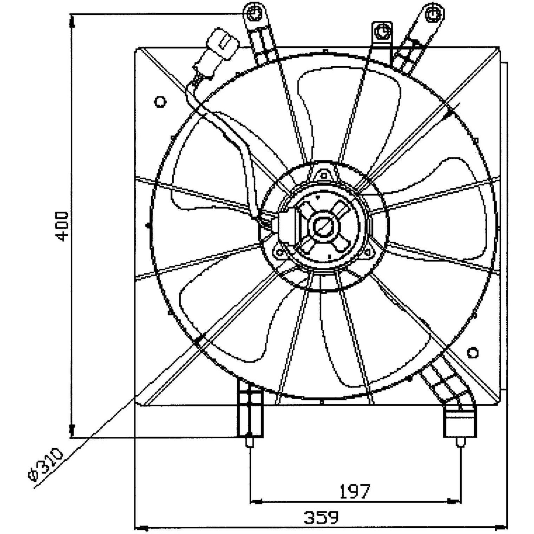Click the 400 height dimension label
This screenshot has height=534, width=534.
coord(62,226)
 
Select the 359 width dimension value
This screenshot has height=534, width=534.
coord(321,517)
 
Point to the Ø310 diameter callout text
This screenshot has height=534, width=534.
coord(46,464)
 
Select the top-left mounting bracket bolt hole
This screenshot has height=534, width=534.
coord(253,13)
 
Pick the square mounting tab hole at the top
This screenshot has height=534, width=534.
coord(382,32)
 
